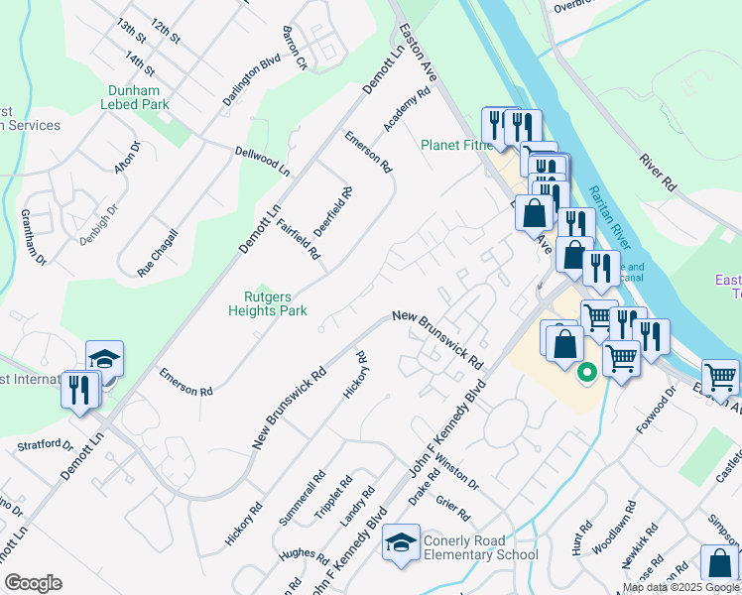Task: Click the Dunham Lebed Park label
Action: click(140, 97)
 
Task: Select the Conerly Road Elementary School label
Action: click(480, 547)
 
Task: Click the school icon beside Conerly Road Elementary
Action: click(401, 542)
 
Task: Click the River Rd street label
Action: click(657, 172)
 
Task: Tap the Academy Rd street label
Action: click(407, 109)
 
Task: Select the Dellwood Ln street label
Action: click(262, 160)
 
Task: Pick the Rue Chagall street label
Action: click(158, 252)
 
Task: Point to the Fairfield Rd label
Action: click(298, 238)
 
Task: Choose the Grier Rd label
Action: click(451, 510)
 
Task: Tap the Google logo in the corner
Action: click(33, 583)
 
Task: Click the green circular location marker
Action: click(585, 373)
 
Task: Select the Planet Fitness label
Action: click(456, 145)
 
